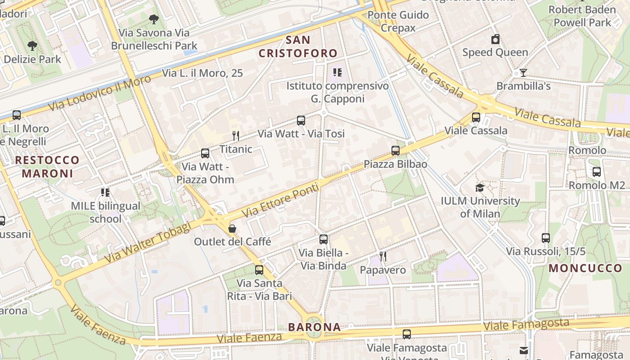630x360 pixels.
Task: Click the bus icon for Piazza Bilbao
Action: tap(396, 151)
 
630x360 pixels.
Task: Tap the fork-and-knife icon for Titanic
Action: tap(235, 135)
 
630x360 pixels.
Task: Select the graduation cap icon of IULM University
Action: tap(480, 188)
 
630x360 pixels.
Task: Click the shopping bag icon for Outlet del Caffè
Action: tap(232, 229)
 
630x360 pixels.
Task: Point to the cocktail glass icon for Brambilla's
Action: tap(523, 73)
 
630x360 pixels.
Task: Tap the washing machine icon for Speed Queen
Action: tap(495, 39)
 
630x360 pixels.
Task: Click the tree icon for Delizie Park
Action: tap(32, 46)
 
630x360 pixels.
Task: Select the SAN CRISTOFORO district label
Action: tap(298, 46)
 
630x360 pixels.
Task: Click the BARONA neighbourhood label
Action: tap(315, 327)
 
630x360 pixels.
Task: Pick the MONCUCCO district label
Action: tap(585, 269)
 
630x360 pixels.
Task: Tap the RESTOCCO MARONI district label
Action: tap(47, 166)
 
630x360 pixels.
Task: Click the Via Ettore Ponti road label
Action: tap(281, 200)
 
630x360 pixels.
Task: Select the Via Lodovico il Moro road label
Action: tap(100, 94)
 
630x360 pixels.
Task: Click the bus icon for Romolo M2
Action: tap(597, 172)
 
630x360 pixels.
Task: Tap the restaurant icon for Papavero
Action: tap(383, 256)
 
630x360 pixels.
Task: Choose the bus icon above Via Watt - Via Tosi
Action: tap(301, 121)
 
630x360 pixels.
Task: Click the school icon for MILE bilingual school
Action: tap(105, 193)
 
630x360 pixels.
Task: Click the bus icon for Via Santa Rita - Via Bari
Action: tap(259, 270)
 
